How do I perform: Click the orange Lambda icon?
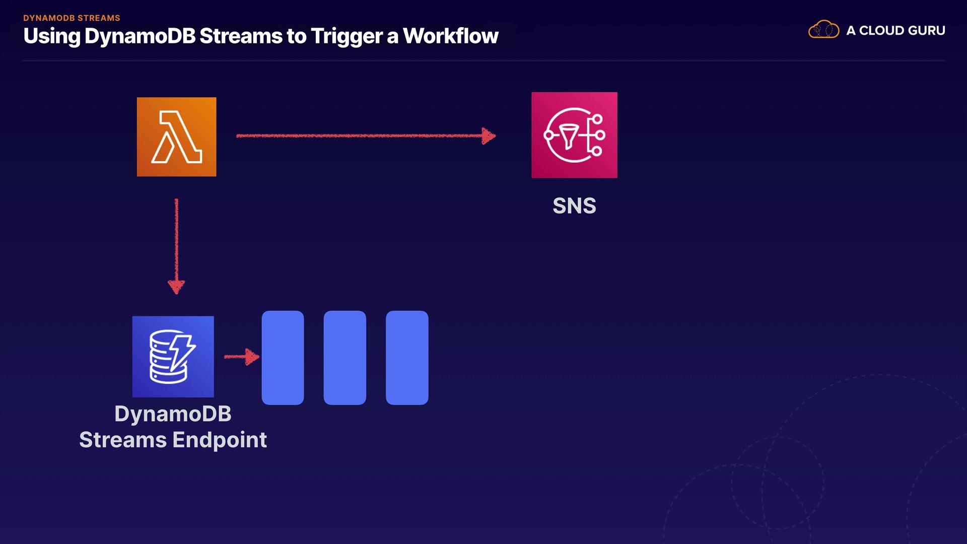pyautogui.click(x=176, y=137)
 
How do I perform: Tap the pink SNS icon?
pyautogui.click(x=574, y=135)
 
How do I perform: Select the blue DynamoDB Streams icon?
pyautogui.click(x=173, y=357)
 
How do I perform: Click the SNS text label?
pyautogui.click(x=574, y=206)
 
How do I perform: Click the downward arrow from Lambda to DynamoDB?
pyautogui.click(x=176, y=242)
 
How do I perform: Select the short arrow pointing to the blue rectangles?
pyautogui.click(x=241, y=357)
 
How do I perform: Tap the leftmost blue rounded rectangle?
pyautogui.click(x=283, y=358)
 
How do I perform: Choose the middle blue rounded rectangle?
pyautogui.click(x=344, y=358)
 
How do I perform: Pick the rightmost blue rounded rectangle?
pyautogui.click(x=407, y=358)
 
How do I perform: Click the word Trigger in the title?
pyautogui.click(x=347, y=36)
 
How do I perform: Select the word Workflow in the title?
pyautogui.click(x=450, y=36)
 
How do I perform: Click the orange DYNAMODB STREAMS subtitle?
pyautogui.click(x=72, y=18)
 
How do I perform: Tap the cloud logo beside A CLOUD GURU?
pyautogui.click(x=823, y=30)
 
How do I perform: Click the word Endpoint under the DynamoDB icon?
pyautogui.click(x=220, y=440)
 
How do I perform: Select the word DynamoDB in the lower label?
pyautogui.click(x=173, y=414)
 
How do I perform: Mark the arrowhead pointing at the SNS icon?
pyautogui.click(x=488, y=135)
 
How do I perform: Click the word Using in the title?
pyautogui.click(x=51, y=36)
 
